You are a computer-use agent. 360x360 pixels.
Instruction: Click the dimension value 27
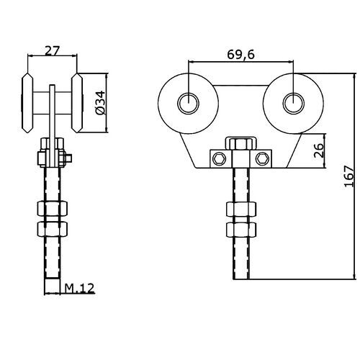point(51,50)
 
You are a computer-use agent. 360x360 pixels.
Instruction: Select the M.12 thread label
point(81,289)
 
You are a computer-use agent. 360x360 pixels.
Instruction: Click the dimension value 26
point(319,150)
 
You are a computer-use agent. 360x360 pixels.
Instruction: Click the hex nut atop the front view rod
point(239,143)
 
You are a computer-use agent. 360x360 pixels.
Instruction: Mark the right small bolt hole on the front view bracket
point(263,157)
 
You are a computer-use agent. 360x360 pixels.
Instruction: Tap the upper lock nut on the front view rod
point(240,210)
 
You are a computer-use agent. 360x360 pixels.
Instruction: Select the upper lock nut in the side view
point(52,210)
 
